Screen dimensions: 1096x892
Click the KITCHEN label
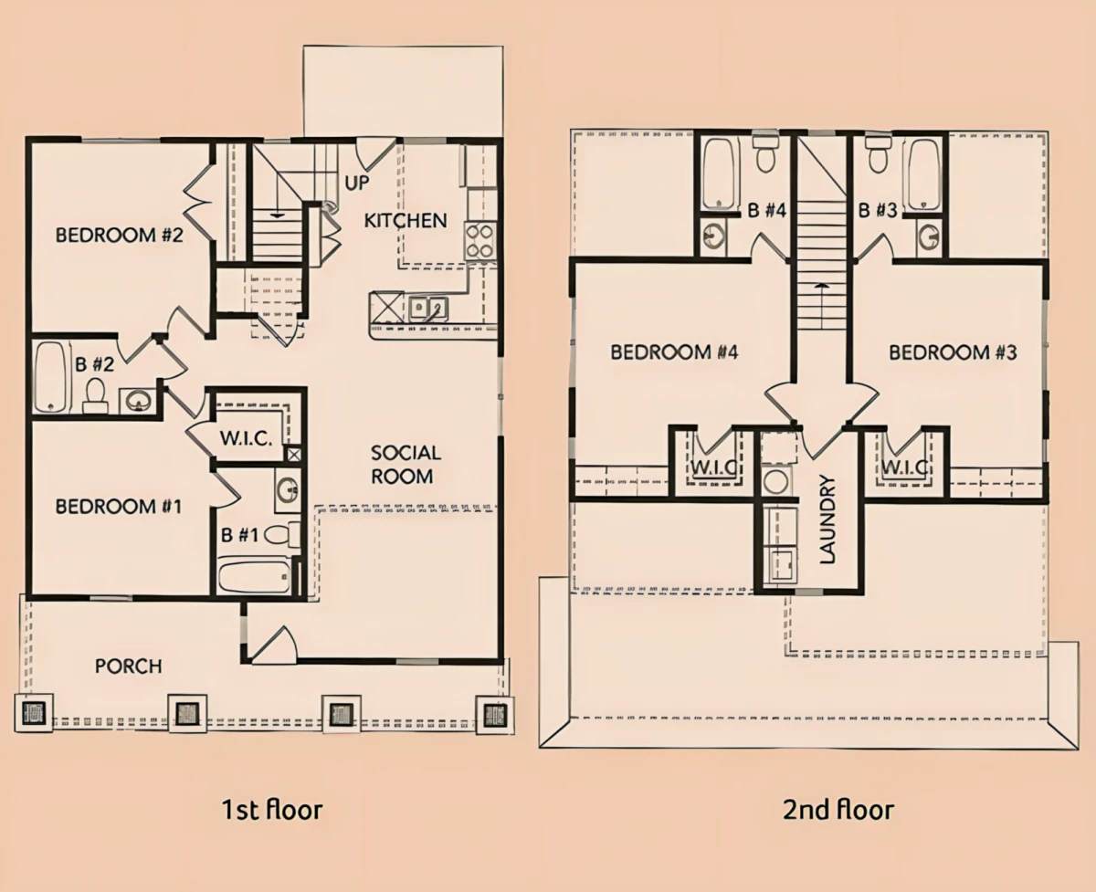(406, 221)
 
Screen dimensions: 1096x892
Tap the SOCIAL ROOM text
(406, 465)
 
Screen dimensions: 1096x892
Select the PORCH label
(129, 666)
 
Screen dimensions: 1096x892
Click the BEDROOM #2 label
(120, 235)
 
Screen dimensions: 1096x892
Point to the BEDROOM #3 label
(953, 352)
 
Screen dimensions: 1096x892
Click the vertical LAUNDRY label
(827, 519)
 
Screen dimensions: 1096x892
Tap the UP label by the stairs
(356, 184)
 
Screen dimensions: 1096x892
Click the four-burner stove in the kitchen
(480, 241)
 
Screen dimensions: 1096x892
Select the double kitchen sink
(427, 309)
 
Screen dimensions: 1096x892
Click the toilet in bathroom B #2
(95, 395)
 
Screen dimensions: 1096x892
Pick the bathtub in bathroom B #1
(255, 577)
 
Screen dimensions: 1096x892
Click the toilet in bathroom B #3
(878, 153)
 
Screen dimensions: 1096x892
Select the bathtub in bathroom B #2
(51, 377)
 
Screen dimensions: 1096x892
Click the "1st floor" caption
(272, 809)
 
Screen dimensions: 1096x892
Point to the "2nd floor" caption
(838, 809)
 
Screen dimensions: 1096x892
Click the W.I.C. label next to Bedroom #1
(246, 438)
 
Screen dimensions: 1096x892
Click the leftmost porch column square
(34, 713)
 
